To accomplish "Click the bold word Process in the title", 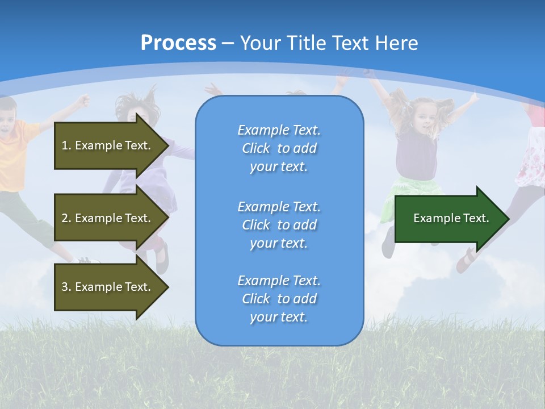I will [178, 43].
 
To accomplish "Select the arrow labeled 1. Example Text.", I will [108, 145].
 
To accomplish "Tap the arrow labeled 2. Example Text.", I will [108, 218].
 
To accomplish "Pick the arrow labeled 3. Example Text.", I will [108, 287].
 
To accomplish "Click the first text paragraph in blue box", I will [279, 148].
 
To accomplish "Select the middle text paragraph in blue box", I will [279, 225].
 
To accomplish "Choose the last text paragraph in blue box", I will [279, 299].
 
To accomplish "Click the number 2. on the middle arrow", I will [66, 218].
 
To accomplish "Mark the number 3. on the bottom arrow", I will [66, 287].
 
